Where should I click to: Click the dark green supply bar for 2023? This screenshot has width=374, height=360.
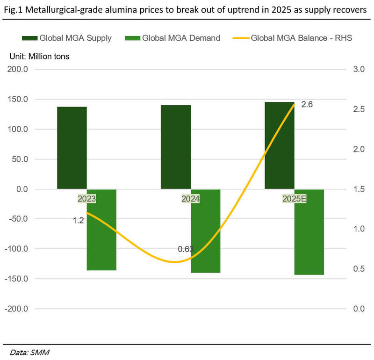pos(72,148)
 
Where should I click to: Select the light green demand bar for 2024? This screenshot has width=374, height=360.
pos(205,231)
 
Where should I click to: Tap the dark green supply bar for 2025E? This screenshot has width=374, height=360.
pos(280,145)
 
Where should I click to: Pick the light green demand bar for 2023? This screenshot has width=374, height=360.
pos(101,230)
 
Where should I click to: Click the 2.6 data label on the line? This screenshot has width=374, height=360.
pos(307,104)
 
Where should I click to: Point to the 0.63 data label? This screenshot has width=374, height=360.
pos(186,249)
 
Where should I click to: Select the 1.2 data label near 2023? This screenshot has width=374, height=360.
pos(78,220)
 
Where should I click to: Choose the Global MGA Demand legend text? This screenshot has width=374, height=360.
pos(181,38)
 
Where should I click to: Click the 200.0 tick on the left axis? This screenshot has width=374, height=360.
pos(17,69)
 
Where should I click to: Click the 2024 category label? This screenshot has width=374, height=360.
pos(191,199)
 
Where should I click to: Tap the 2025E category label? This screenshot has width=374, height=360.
pos(294,199)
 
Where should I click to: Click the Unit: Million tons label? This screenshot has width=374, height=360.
pos(40,56)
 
